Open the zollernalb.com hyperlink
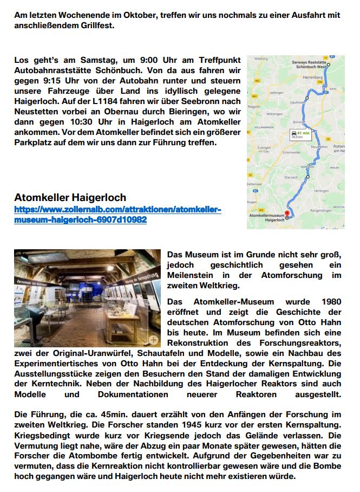tap(117, 215)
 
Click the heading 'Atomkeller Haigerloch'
tap(70, 198)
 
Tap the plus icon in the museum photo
tap(154, 340)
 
